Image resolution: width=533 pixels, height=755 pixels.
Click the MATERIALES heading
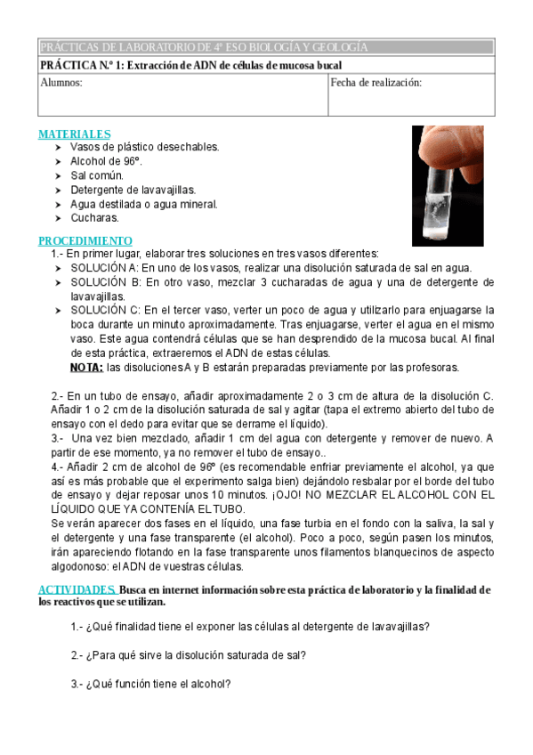click(74, 134)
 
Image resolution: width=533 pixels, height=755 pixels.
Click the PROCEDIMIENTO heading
click(85, 241)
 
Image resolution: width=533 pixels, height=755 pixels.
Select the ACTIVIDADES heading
click(77, 589)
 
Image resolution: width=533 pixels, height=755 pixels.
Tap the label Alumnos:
click(61, 83)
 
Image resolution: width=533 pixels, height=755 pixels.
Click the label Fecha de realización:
click(376, 83)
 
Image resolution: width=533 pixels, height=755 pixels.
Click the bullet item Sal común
click(97, 175)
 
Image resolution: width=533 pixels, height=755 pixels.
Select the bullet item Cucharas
click(94, 217)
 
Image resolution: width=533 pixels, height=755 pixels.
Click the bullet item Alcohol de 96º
click(106, 161)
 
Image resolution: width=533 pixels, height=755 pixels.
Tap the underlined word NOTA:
click(86, 367)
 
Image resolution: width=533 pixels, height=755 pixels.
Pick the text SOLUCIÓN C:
click(104, 310)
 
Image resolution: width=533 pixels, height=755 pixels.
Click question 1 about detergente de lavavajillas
click(250, 626)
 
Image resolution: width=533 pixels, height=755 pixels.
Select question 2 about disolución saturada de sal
click(189, 655)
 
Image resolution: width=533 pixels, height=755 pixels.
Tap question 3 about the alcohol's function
click(151, 684)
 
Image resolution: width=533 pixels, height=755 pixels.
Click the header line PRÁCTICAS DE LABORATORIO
click(204, 47)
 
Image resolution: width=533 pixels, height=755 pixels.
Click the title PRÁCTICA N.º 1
click(191, 65)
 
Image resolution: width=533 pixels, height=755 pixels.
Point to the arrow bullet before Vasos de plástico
click(59, 147)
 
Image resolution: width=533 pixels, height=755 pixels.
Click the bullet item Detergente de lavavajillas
click(133, 190)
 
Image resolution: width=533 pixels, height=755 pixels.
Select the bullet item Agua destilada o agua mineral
click(143, 204)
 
